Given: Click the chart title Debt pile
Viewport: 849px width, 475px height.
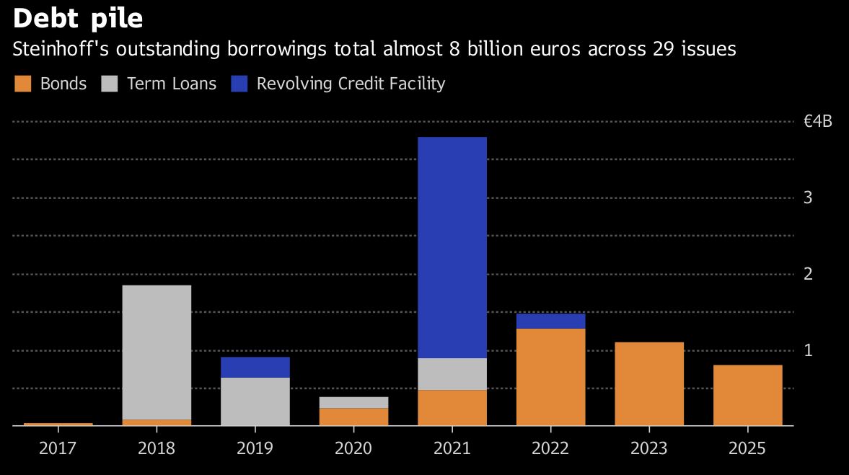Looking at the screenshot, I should point(78,17).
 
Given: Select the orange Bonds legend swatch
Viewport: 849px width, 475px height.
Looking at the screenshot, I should point(23,84).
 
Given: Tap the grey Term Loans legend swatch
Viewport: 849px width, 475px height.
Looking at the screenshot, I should point(110,84).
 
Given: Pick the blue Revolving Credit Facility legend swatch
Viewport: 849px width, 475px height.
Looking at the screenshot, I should point(239,84).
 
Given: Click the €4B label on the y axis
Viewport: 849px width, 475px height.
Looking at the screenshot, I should point(818,121).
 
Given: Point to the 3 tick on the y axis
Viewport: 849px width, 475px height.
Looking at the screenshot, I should point(808,197).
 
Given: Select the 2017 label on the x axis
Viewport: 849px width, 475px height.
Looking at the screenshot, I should point(58,448).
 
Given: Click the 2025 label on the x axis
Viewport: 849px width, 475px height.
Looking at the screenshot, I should point(747,448).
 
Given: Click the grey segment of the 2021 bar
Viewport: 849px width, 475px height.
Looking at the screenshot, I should point(452,374).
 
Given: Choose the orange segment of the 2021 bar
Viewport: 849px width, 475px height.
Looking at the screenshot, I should point(452,407).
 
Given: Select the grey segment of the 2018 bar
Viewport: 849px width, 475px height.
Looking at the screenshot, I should point(157,352).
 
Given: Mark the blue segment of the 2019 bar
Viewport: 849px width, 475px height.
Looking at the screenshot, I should point(255,367).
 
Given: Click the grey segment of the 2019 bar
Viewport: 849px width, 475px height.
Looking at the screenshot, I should point(255,401).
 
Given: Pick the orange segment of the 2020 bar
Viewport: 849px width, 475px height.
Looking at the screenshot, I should point(353,417).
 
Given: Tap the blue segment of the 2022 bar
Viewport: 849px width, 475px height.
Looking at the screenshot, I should point(550,321).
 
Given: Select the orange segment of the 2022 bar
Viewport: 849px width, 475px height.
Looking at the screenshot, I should point(550,377).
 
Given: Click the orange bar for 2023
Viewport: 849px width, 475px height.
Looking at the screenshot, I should point(649,383).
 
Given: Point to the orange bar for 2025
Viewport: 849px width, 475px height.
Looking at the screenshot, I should point(747,395).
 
